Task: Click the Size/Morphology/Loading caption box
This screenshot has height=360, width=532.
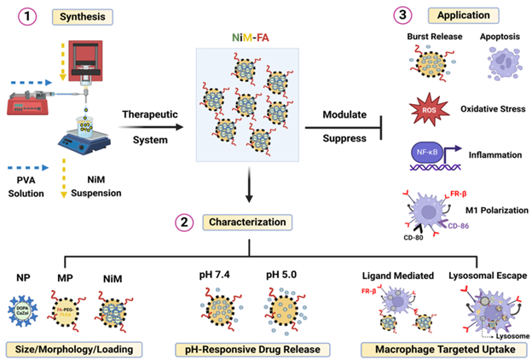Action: pyautogui.click(x=72, y=348)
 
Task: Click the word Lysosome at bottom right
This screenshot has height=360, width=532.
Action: pyautogui.click(x=496, y=334)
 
